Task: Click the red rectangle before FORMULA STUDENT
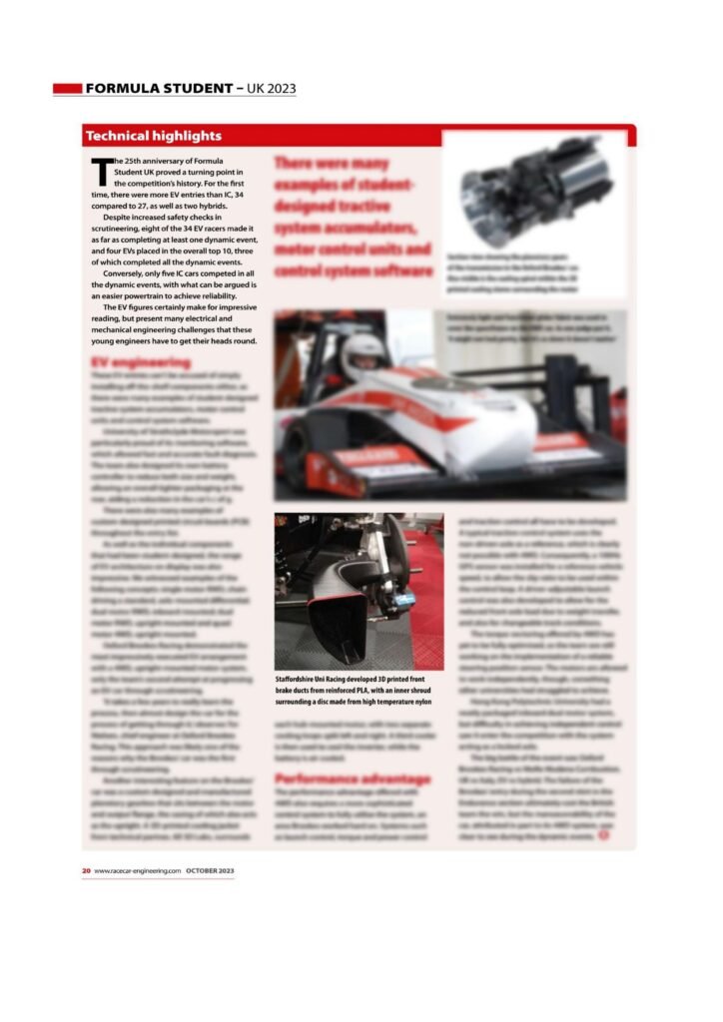click(x=67, y=89)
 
